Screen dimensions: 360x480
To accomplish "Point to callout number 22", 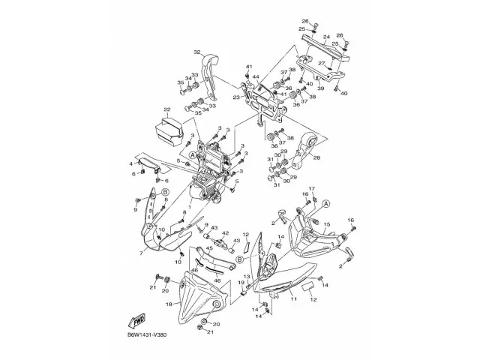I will click(x=166, y=109).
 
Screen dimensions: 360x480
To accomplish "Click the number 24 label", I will click(x=326, y=36).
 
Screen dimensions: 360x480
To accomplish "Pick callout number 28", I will click(x=316, y=157).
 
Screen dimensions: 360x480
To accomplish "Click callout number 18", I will click(x=169, y=304).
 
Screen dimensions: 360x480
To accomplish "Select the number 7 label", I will click(x=140, y=254).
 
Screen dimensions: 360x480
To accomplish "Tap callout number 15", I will click(x=326, y=224).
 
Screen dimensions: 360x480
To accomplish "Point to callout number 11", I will click(x=294, y=299).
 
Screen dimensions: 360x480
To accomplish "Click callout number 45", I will click(x=187, y=250).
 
